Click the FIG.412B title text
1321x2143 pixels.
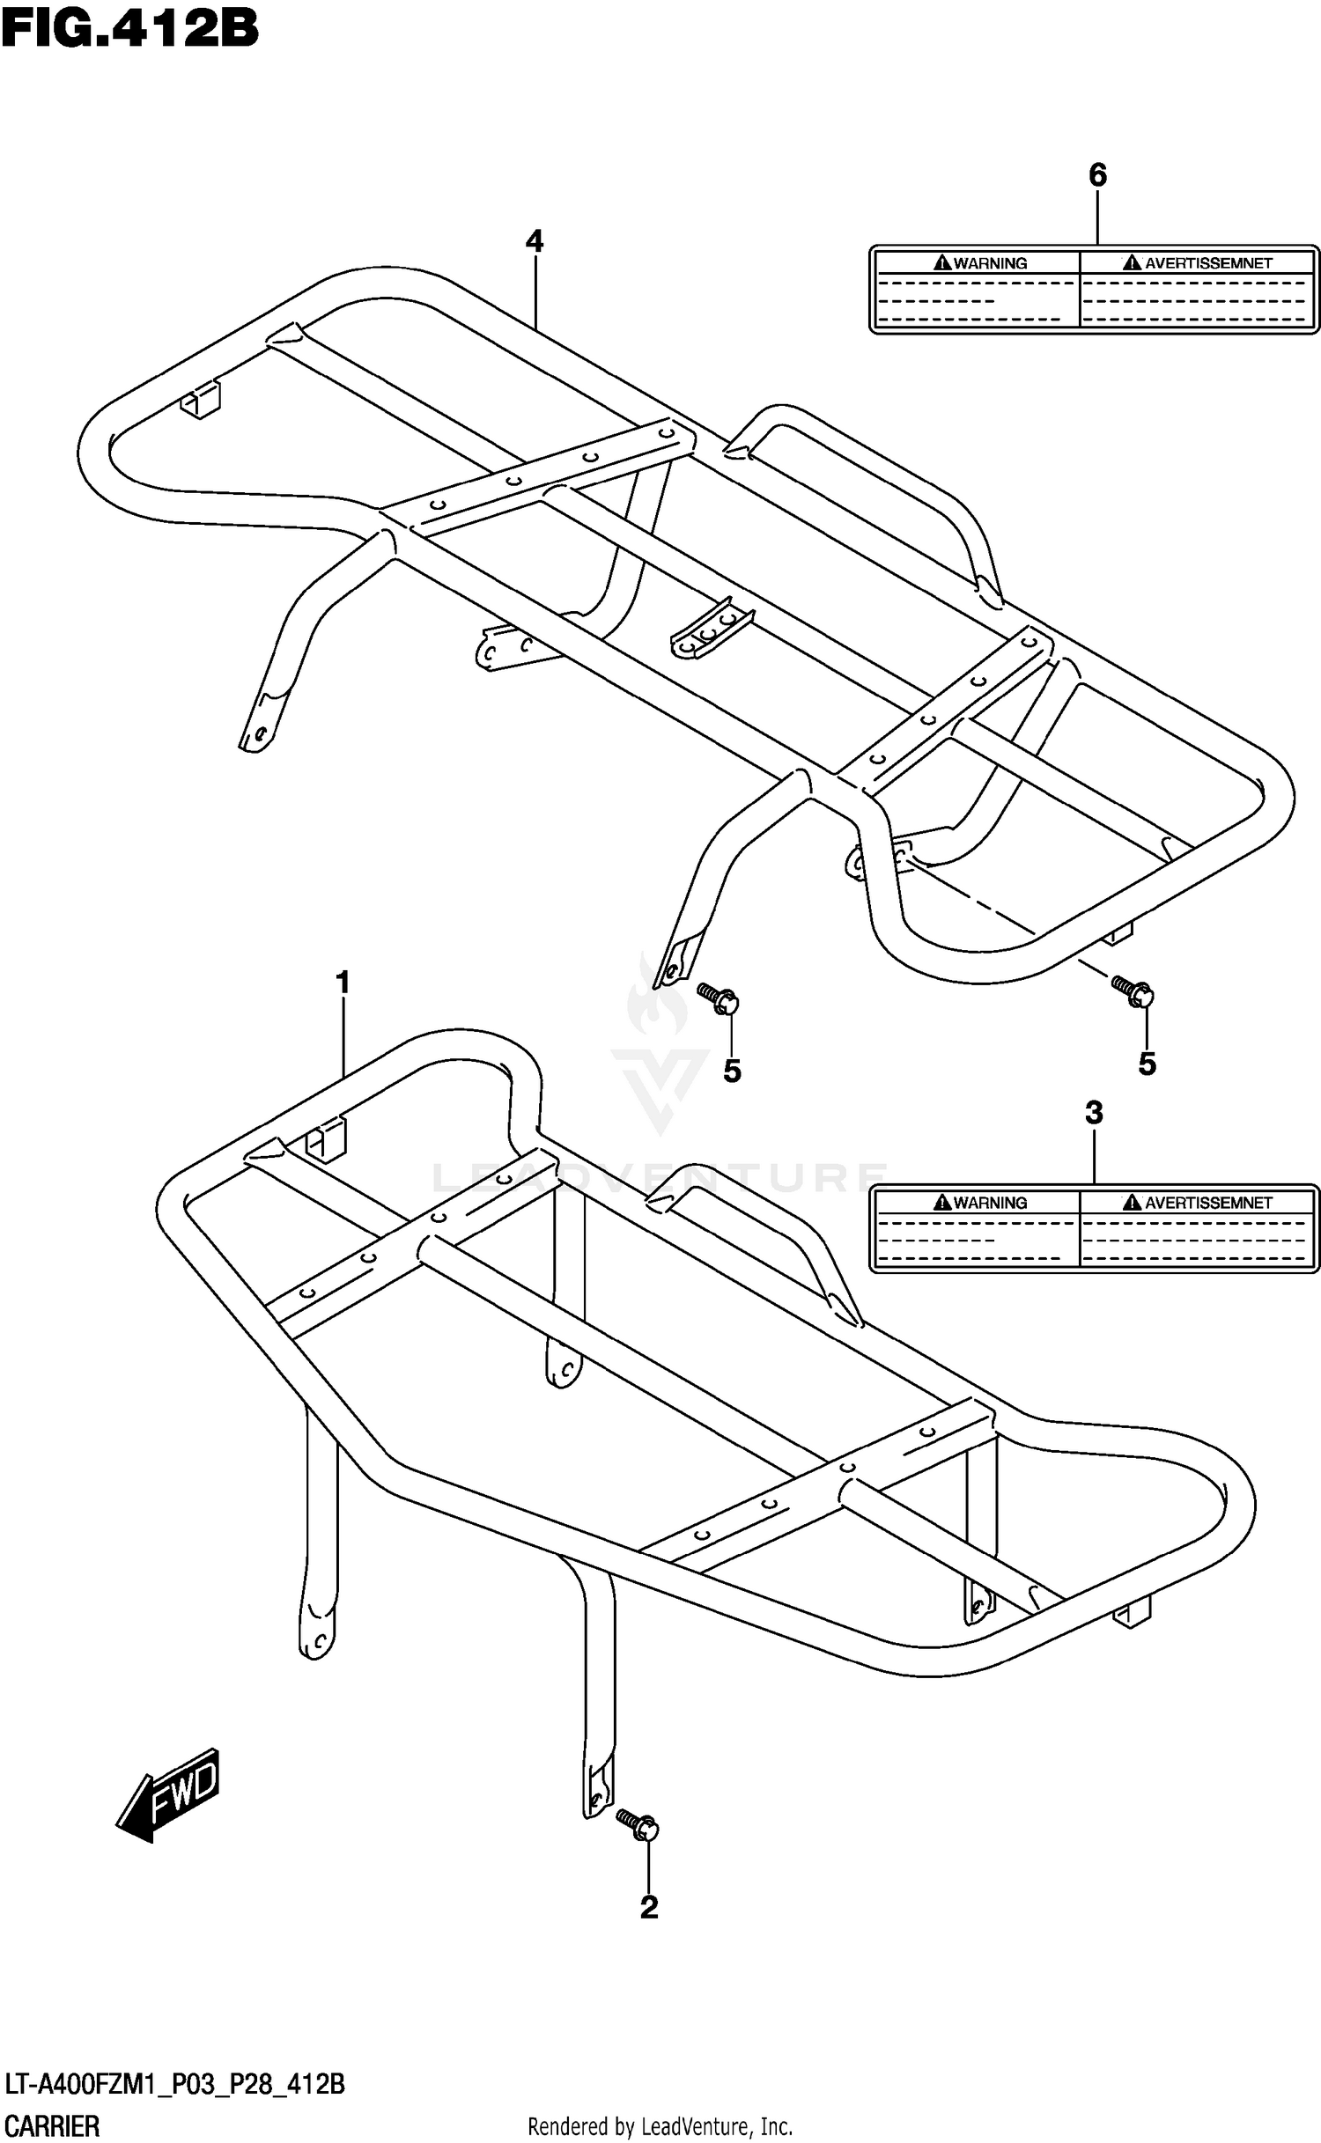tap(130, 28)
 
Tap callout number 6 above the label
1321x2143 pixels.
tap(1097, 176)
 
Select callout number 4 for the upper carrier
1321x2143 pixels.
tap(534, 241)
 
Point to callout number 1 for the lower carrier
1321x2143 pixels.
tap(343, 983)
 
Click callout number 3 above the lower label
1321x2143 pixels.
tap(1094, 1113)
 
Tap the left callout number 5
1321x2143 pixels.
tap(732, 1071)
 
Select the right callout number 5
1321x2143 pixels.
tap(1147, 1064)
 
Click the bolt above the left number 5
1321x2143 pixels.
tap(718, 998)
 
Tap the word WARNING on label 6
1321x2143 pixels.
tap(990, 263)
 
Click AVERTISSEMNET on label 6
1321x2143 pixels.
tap(1207, 263)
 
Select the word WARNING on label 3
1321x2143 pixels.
tap(990, 1203)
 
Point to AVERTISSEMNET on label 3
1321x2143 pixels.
tap(1207, 1203)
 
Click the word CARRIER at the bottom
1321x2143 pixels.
tap(53, 2126)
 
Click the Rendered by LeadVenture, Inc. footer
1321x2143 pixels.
tap(660, 2127)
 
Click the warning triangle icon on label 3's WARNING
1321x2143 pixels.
tap(942, 1203)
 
